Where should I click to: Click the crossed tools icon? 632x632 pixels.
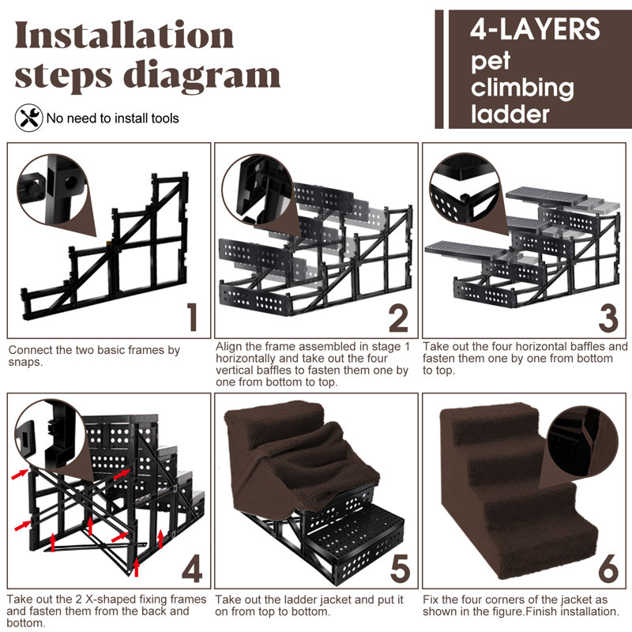pos(29,118)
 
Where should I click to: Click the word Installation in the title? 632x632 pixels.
pos(124,36)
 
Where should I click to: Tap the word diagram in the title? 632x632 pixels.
pos(202,77)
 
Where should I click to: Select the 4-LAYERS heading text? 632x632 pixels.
pos(535,29)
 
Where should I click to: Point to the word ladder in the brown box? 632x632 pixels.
pos(510,114)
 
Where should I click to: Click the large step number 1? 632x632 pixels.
pos(193,317)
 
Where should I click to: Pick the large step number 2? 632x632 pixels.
pos(398,318)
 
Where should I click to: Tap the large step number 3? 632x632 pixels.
pos(608,318)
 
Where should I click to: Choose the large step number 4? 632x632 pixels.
pos(192,568)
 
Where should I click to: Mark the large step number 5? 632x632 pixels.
pos(401,568)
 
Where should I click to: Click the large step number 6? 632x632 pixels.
pos(608,568)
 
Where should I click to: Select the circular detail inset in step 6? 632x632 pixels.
pos(583,442)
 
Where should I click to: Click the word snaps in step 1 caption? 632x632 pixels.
pos(24,362)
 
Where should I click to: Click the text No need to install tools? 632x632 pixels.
pos(112,118)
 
